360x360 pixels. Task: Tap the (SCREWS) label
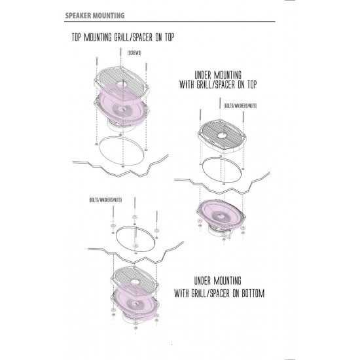tap(134, 53)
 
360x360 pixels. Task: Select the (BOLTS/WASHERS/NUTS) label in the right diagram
tap(240, 106)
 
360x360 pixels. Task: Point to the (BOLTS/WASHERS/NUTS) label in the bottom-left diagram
tap(105, 200)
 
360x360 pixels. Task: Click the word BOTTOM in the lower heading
tap(253, 293)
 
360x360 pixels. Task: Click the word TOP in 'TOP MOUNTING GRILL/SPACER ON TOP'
tap(76, 37)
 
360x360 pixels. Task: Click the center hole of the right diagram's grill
tap(221, 135)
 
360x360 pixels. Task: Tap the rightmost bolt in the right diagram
tap(243, 119)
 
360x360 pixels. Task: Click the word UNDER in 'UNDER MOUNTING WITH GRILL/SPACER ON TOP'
tap(203, 75)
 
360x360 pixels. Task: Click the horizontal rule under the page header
tap(170, 22)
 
